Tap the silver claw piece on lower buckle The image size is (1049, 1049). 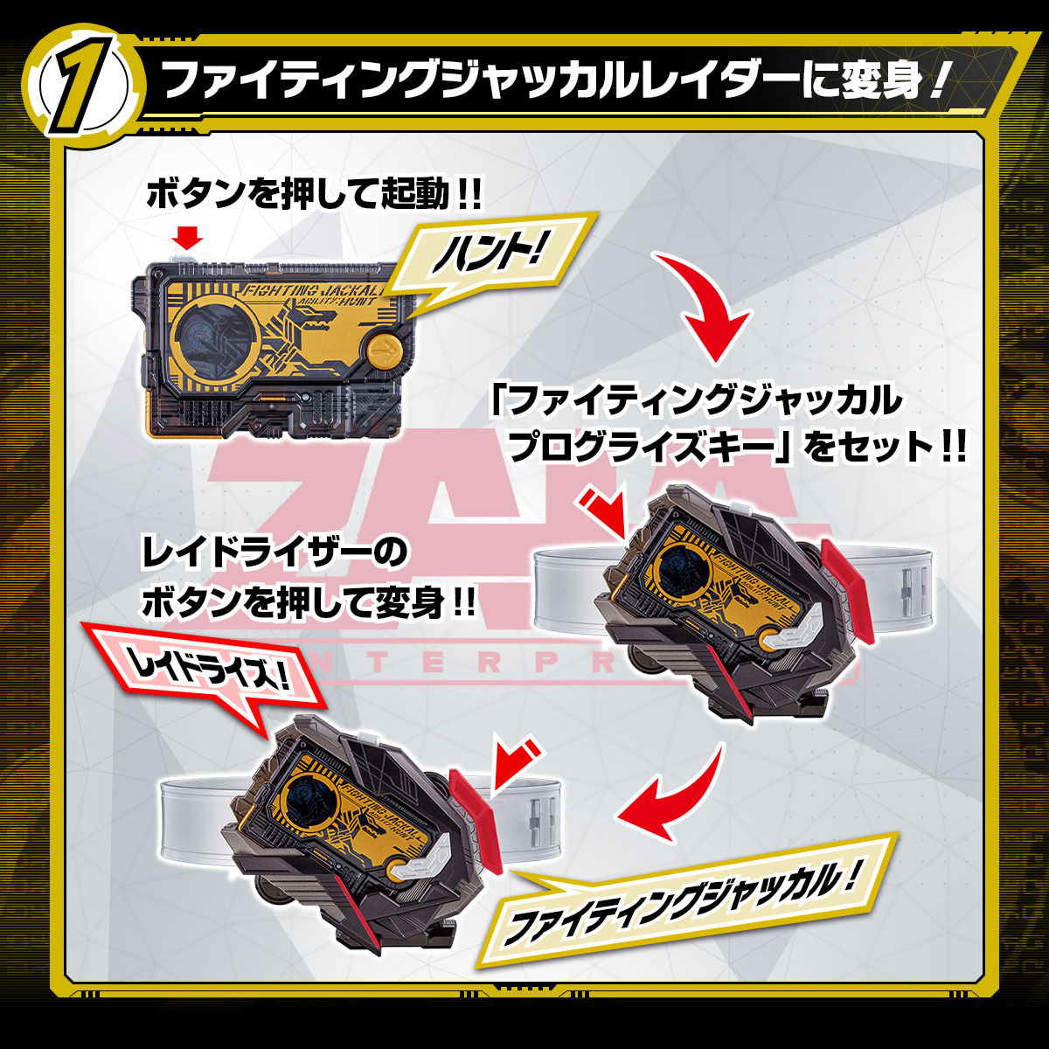coord(427,867)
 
